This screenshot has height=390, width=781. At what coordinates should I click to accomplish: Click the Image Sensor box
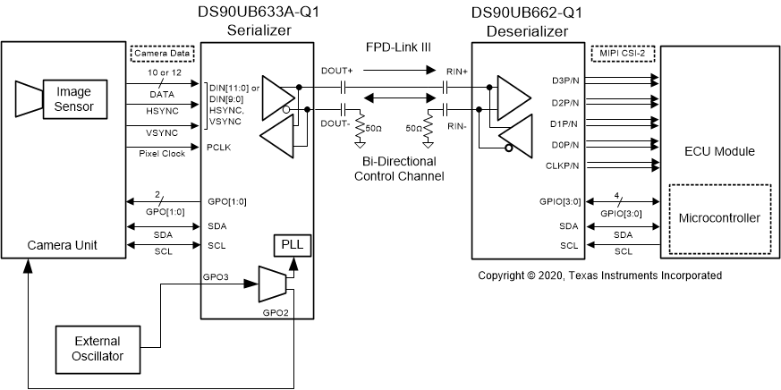pyautogui.click(x=73, y=98)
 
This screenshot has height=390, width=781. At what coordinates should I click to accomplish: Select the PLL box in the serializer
pyautogui.click(x=292, y=245)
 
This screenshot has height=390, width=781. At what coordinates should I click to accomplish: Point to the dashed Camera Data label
pyautogui.click(x=161, y=54)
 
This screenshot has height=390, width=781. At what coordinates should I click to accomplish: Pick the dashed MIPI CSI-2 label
pyautogui.click(x=622, y=54)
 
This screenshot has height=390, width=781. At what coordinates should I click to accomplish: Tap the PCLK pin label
pyautogui.click(x=219, y=145)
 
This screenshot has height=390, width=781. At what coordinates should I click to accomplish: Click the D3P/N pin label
pyautogui.click(x=567, y=81)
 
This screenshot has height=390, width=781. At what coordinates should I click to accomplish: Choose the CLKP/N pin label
pyautogui.click(x=565, y=165)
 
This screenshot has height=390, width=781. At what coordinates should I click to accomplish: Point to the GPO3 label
pyautogui.click(x=216, y=278)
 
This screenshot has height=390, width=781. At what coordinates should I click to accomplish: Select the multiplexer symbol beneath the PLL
pyautogui.click(x=271, y=284)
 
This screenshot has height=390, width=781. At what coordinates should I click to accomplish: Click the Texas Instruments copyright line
pyautogui.click(x=599, y=276)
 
